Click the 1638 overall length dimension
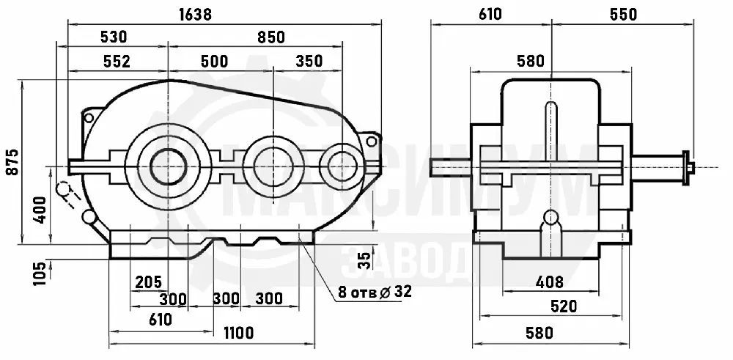[196, 15]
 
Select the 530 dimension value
[114, 37]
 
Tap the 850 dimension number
[271, 37]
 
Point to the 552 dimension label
[117, 62]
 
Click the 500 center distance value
[214, 62]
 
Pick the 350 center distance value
[309, 62]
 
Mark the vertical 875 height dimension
[12, 162]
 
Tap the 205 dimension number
[148, 282]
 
